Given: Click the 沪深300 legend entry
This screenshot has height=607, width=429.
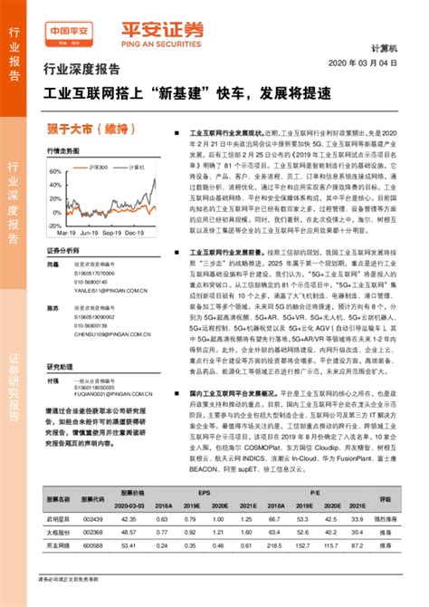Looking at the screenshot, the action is pyautogui.click(x=92, y=168).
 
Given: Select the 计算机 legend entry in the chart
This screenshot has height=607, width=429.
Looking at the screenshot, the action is pyautogui.click(x=133, y=168).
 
